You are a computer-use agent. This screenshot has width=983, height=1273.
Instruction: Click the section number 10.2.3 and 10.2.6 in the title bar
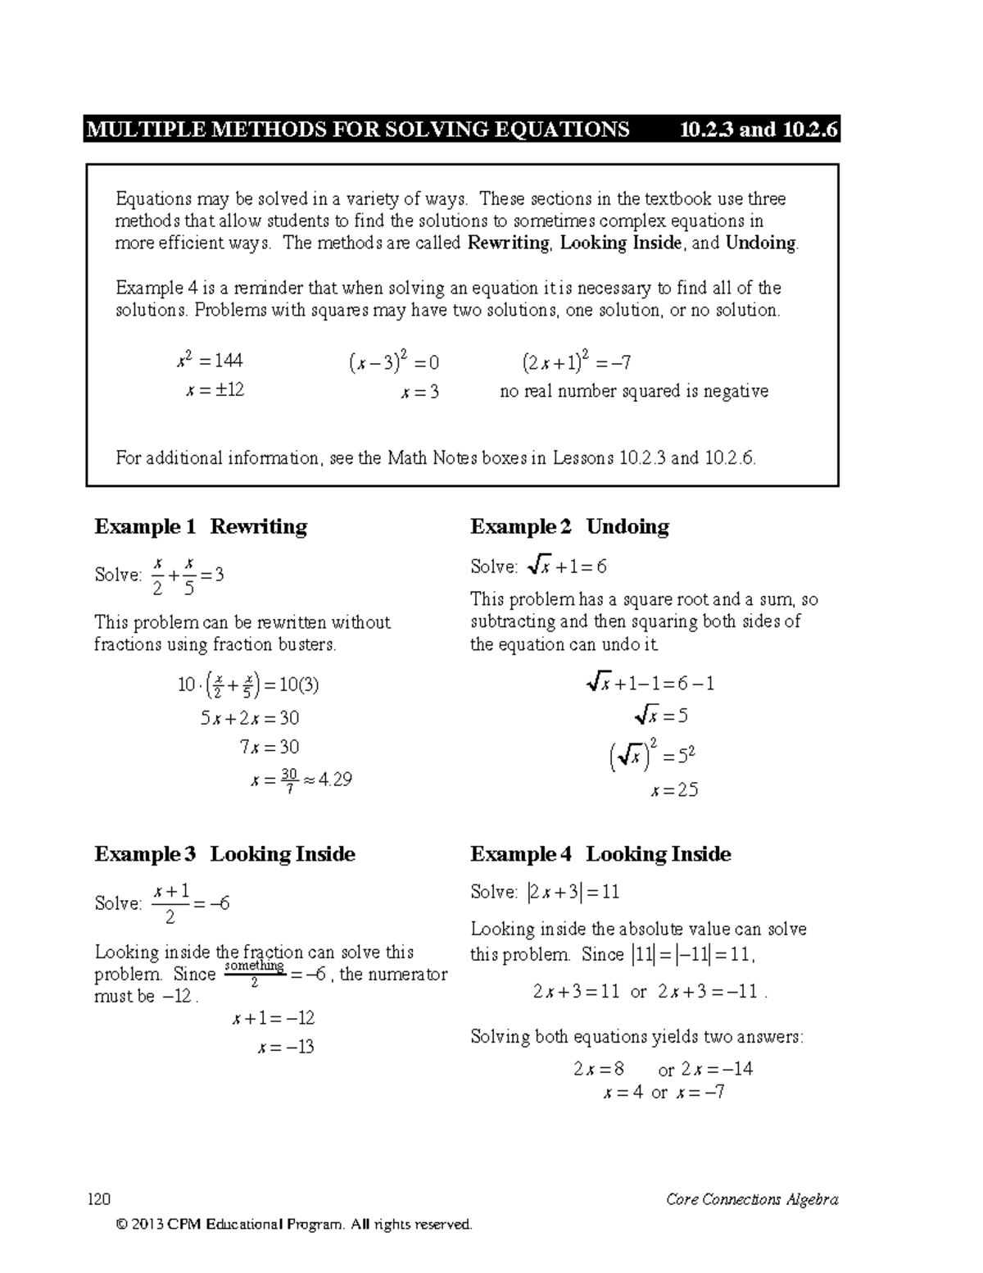759,130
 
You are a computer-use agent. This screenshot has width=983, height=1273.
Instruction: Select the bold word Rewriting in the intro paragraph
508,243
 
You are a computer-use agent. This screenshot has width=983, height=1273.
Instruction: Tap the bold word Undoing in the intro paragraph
761,243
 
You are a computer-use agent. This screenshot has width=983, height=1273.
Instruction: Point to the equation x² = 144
210,361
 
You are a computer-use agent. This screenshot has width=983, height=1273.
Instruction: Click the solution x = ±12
215,390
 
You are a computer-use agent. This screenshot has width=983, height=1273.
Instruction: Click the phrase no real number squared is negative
634,391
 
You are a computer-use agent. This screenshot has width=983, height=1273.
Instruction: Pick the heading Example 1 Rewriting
201,526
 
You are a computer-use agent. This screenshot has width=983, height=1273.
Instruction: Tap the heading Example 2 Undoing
569,526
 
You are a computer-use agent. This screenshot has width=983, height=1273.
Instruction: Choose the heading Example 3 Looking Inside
224,854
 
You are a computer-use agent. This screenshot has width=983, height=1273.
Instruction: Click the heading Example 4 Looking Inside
600,854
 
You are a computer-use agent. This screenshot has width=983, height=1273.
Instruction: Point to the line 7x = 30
269,747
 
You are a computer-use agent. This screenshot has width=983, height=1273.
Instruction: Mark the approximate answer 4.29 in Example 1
335,780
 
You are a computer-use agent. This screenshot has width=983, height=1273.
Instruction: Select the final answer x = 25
673,791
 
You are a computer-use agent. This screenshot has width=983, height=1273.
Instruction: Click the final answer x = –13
284,1047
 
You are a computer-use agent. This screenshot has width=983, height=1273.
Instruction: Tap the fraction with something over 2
254,974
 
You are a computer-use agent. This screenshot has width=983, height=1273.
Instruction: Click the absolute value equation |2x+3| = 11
573,893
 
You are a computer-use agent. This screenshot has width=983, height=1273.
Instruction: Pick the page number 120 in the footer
99,1200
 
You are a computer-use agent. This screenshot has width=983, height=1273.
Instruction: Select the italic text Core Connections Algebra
752,1200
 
